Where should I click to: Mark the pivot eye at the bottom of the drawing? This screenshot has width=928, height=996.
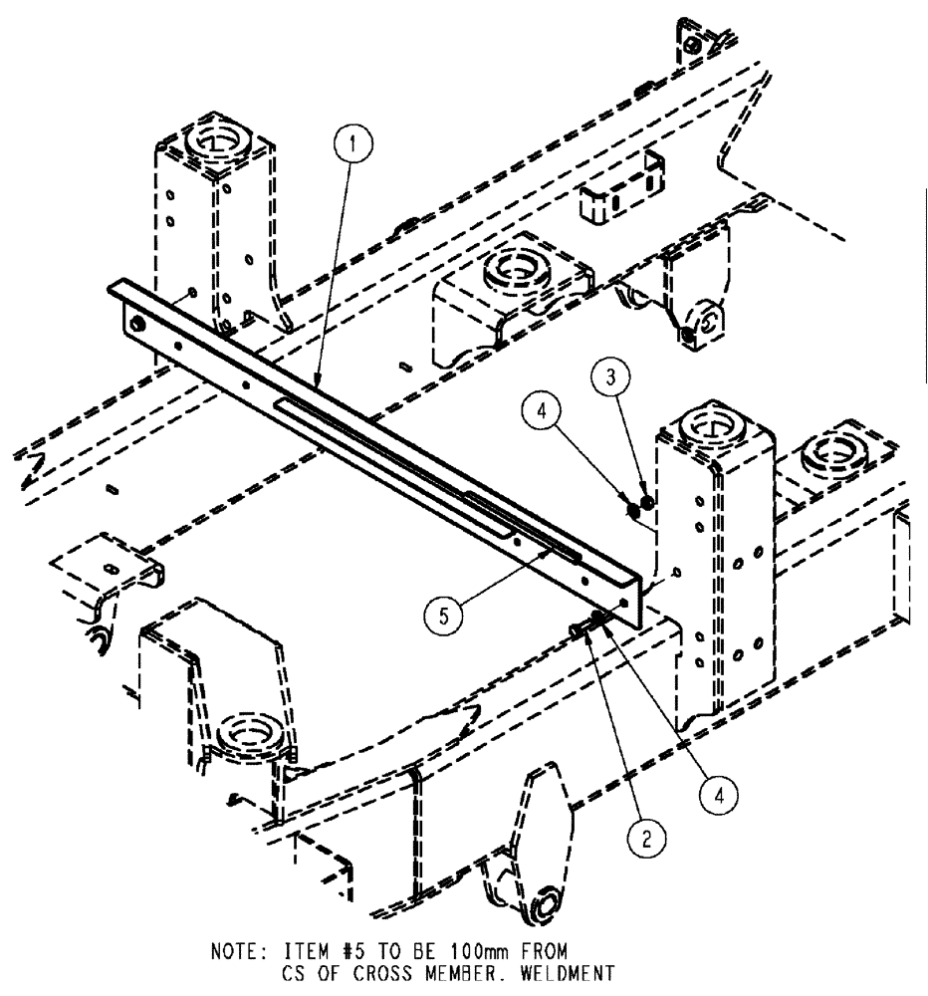546,909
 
